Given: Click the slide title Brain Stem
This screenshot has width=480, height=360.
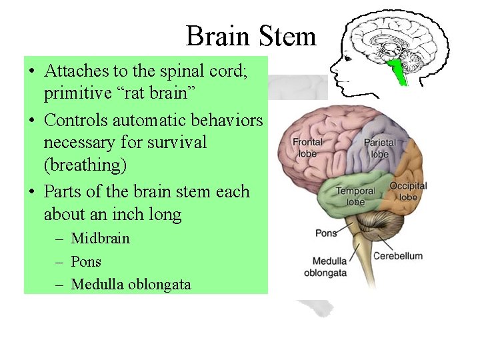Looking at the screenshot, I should point(251,35).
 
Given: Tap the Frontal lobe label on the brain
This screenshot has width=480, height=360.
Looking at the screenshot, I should point(307,146).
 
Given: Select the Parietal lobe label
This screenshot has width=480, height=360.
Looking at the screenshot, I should point(379,148).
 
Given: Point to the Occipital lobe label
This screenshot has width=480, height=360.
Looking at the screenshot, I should point(408,191).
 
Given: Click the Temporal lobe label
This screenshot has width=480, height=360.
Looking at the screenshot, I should point(351,196).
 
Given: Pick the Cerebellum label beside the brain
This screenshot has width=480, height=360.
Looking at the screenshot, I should point(397,256).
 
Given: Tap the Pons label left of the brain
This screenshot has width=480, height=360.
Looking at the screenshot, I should point(326,233).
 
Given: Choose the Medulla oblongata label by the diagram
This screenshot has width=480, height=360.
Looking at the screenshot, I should point(325,266).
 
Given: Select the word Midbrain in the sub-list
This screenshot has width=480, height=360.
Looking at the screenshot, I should point(101,238).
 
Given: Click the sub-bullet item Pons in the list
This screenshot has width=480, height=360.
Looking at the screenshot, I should point(86,261).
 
